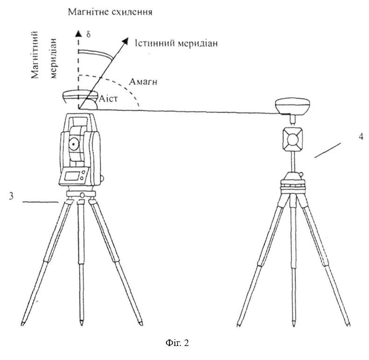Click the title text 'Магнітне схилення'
click(110, 12)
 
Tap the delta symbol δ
click(88, 35)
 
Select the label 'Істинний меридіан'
click(176, 43)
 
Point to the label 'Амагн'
click(143, 82)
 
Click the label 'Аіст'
click(108, 99)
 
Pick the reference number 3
click(11, 196)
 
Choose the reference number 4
click(361, 137)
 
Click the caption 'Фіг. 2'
click(177, 343)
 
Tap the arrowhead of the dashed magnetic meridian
click(78, 34)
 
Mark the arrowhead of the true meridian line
click(125, 41)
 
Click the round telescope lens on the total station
click(74, 144)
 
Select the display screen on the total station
click(72, 176)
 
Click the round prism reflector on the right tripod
click(292, 140)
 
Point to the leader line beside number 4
click(327, 150)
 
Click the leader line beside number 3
click(41, 202)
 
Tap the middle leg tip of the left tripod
click(82, 323)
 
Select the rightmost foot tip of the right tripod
click(348, 325)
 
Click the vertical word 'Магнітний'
click(35, 55)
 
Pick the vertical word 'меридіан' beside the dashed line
click(54, 58)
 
